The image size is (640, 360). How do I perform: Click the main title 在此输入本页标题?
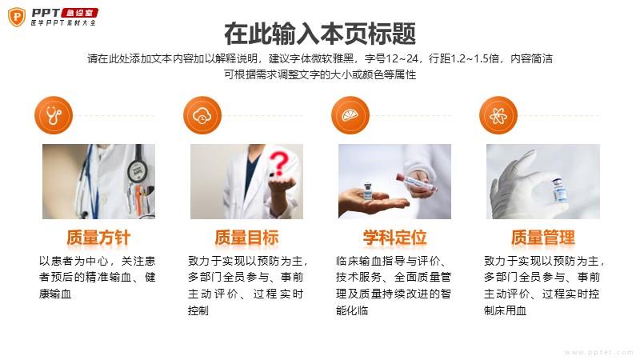[x=320, y=34]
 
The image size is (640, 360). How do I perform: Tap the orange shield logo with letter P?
[x=17, y=17]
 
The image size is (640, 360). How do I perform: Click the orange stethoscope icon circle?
[x=54, y=115]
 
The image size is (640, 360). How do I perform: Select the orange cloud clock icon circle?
[x=202, y=115]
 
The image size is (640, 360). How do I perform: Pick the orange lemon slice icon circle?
[x=350, y=115]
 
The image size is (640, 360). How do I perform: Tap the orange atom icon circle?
[x=498, y=115]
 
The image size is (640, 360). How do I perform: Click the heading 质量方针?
[x=98, y=238]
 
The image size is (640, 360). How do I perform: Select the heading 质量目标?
[x=246, y=238]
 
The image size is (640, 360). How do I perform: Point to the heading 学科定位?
[x=394, y=238]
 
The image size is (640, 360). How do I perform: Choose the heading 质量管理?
[x=543, y=238]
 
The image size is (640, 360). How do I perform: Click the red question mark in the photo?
[x=279, y=163]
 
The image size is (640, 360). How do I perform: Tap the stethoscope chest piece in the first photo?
[x=137, y=171]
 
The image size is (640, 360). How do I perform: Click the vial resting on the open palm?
[x=368, y=191]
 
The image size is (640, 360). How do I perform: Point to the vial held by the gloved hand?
[x=558, y=189]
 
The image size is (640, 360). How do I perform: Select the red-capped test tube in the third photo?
[x=415, y=183]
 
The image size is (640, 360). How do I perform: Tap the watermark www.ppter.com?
[x=598, y=352]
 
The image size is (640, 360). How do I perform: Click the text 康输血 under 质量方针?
[x=55, y=294]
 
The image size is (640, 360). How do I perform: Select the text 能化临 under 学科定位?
[x=352, y=310]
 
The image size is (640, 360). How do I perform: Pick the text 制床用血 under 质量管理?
[x=506, y=310]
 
